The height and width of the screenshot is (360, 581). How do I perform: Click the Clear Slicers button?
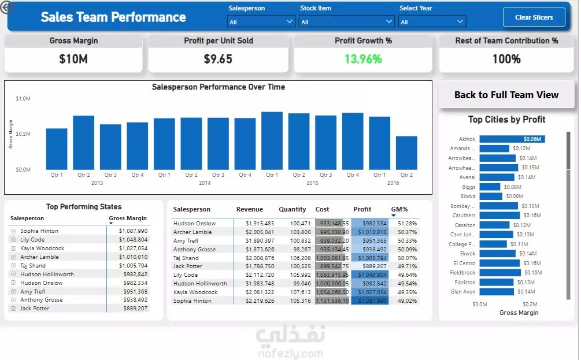coord(534,17)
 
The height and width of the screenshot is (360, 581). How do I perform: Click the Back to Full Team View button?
coord(506,95)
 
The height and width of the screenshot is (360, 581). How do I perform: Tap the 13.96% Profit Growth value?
coord(363,59)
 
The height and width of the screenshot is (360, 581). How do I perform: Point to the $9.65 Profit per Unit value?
coord(218,59)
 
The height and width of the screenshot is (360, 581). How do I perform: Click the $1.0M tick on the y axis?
coord(23,99)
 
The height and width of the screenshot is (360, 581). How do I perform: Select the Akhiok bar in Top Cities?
coord(512,139)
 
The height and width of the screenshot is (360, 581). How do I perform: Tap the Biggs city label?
coord(469,187)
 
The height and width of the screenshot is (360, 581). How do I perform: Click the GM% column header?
coord(399,209)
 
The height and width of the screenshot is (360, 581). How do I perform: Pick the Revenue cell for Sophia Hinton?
coord(260,301)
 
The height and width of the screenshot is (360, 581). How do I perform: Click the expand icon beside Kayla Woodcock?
coord(13,248)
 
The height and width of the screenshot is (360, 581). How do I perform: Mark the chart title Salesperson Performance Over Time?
coord(218,87)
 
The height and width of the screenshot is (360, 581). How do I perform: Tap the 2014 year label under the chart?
coord(205,183)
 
